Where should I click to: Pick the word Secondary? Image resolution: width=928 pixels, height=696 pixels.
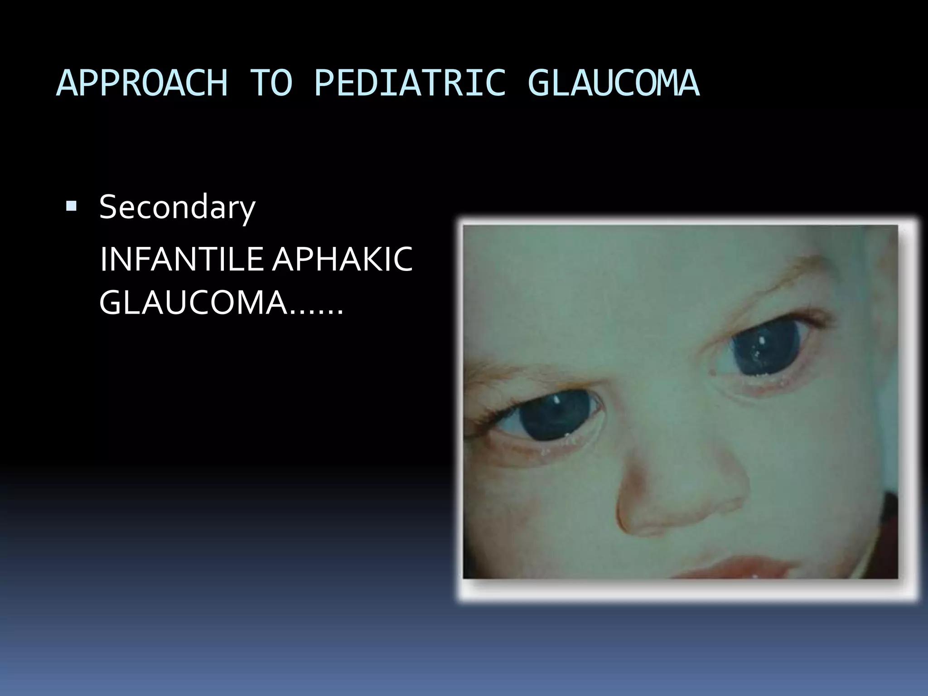[x=177, y=208]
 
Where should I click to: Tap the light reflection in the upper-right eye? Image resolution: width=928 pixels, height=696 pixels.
[x=762, y=340]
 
